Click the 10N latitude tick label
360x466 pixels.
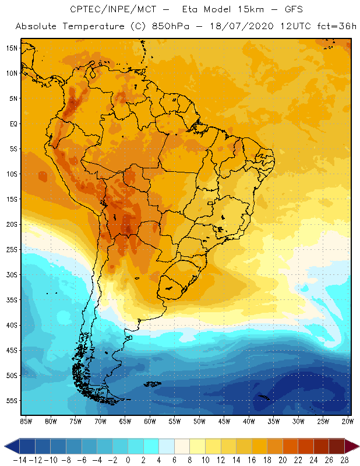tap(11, 73)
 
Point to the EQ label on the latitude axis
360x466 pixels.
tap(13, 123)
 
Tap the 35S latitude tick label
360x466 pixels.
tap(11, 300)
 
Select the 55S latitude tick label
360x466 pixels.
tap(11, 401)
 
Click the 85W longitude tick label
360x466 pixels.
tap(26, 421)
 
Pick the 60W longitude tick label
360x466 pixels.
tap(150, 421)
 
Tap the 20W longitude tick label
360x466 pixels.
tap(348, 421)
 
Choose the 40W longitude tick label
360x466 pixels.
tap(249, 421)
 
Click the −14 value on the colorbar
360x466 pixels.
tap(19, 460)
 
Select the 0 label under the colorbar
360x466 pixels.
tap(128, 460)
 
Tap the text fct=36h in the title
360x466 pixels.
tap(335, 27)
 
